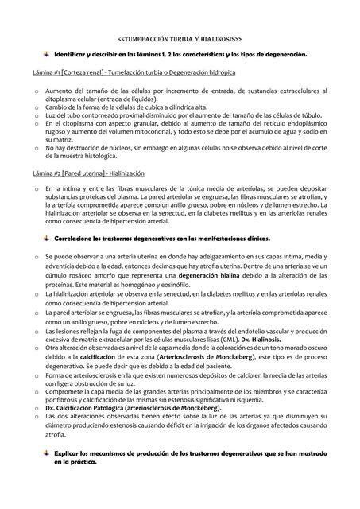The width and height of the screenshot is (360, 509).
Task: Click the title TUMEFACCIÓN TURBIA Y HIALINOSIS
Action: click(180, 37)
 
